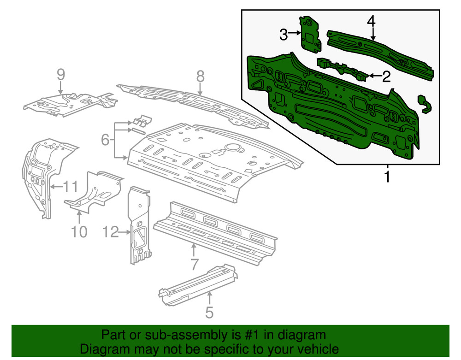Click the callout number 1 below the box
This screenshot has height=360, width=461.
pyautogui.click(x=387, y=176)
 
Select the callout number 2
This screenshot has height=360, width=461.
pyautogui.click(x=386, y=77)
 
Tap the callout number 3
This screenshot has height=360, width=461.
pyautogui.click(x=284, y=34)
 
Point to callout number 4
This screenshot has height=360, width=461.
pyautogui.click(x=372, y=21)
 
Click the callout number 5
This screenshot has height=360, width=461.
pyautogui.click(x=209, y=313)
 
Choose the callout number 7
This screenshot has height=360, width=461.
pyautogui.click(x=194, y=264)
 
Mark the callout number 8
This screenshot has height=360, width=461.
pyautogui.click(x=200, y=77)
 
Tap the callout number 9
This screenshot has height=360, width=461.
pyautogui.click(x=61, y=74)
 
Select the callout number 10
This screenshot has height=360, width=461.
pyautogui.click(x=79, y=231)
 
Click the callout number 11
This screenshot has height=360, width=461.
pyautogui.click(x=70, y=187)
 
